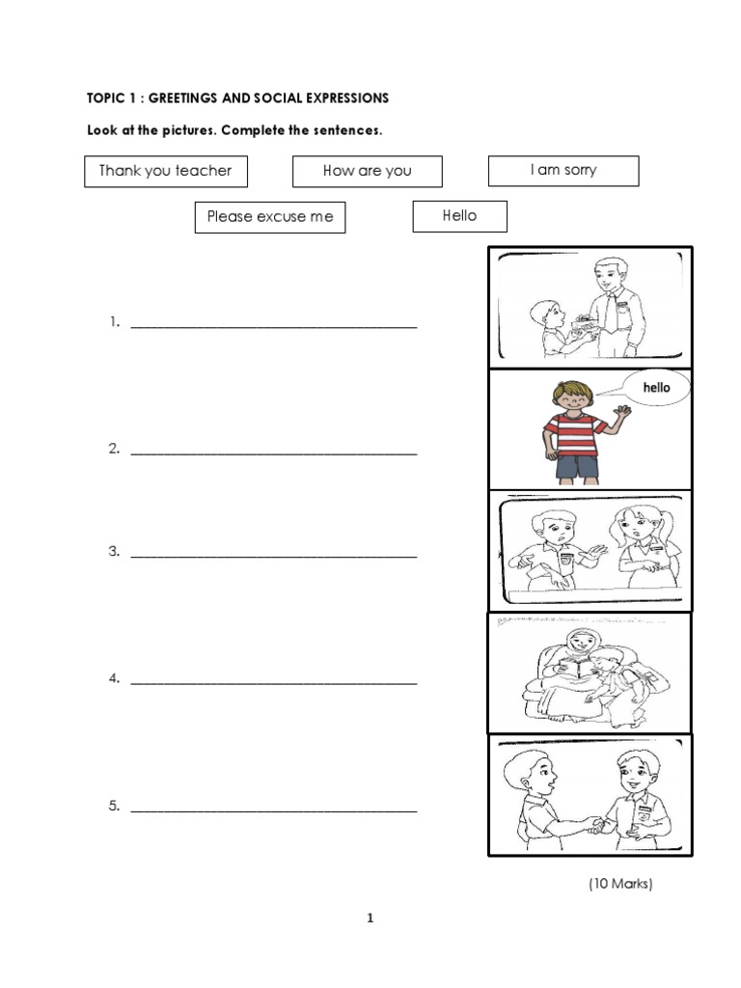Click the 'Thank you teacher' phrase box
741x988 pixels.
pyautogui.click(x=165, y=171)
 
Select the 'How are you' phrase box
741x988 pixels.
pyautogui.click(x=367, y=171)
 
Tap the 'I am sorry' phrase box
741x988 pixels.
pyautogui.click(x=563, y=170)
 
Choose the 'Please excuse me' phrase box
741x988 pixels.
pyautogui.click(x=270, y=217)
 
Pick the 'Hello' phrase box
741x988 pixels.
pyautogui.click(x=459, y=216)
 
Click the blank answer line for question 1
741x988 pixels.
pyautogui.click(x=274, y=326)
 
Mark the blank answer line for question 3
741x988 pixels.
pyautogui.click(x=274, y=555)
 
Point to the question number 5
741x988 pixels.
pyautogui.click(x=114, y=807)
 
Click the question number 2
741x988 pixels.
pyautogui.click(x=114, y=449)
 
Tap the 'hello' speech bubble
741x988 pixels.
pyautogui.click(x=656, y=388)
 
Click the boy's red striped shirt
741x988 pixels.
pyautogui.click(x=571, y=432)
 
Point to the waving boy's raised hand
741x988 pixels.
pyautogui.click(x=620, y=413)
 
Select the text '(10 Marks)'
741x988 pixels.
pyautogui.click(x=620, y=883)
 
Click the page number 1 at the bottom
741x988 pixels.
pyautogui.click(x=370, y=919)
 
